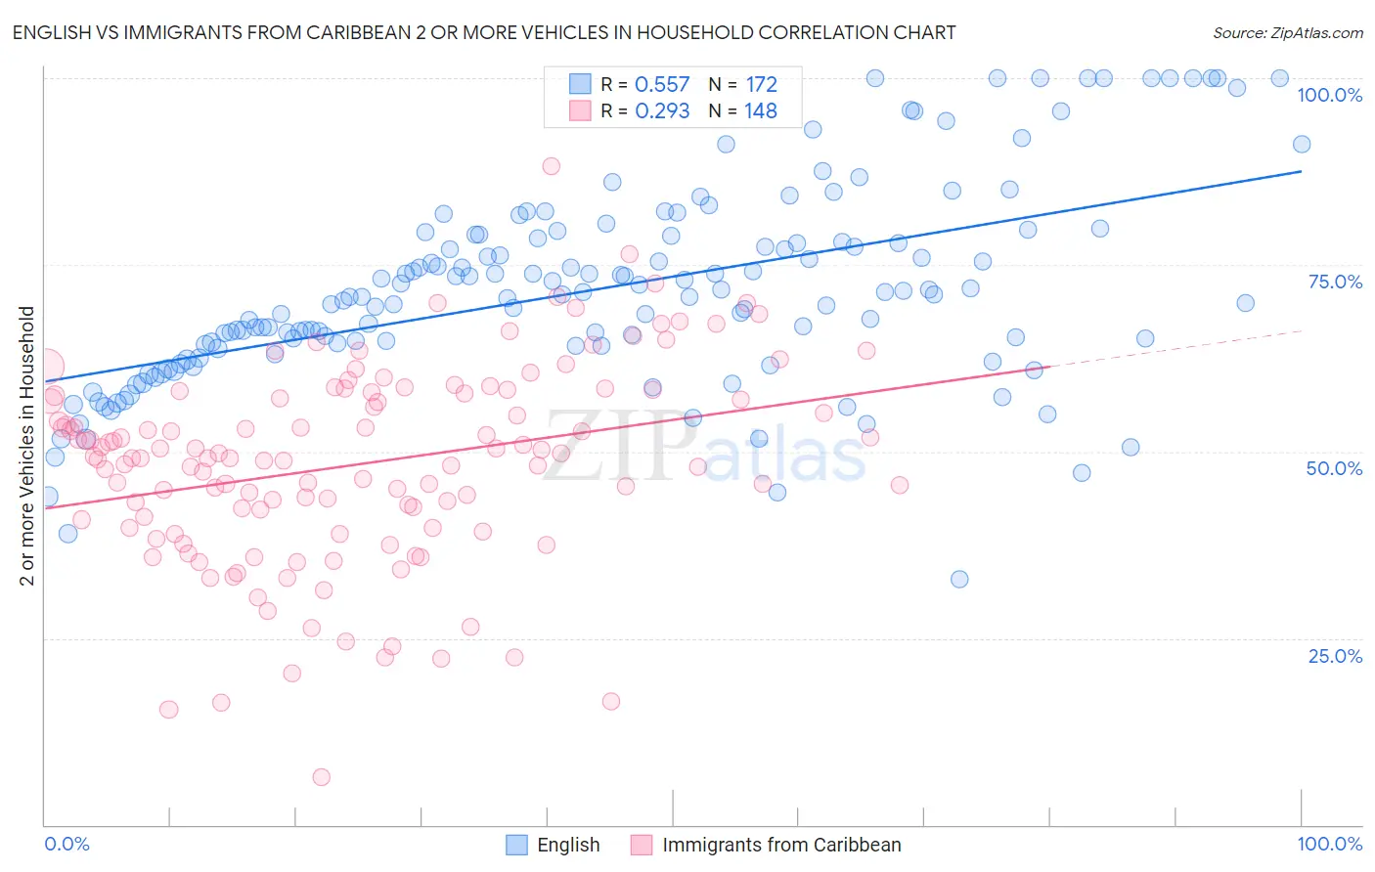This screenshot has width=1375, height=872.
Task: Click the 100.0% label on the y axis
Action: (x=1329, y=95)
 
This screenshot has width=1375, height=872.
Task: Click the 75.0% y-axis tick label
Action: (x=1335, y=282)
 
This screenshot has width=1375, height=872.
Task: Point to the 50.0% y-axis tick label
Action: (x=1334, y=468)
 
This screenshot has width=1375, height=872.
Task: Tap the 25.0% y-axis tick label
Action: (x=1335, y=655)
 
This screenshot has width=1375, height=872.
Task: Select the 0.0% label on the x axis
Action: (x=67, y=844)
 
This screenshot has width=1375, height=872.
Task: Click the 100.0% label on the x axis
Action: (x=1329, y=844)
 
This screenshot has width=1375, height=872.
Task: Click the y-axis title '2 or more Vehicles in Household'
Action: (x=27, y=446)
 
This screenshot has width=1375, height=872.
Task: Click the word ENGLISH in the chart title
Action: (x=48, y=32)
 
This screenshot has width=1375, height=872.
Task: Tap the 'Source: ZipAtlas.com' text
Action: (x=1287, y=32)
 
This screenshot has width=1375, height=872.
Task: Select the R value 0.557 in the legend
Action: (x=662, y=85)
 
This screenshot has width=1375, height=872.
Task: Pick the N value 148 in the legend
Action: (x=761, y=111)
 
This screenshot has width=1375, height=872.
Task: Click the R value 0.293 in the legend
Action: (x=662, y=111)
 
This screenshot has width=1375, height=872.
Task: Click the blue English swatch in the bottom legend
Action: (x=516, y=845)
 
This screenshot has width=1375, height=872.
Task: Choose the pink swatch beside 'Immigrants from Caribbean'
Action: (x=642, y=845)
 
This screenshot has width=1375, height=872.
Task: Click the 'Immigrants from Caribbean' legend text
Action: (x=781, y=845)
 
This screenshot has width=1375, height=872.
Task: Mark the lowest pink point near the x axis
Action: (x=321, y=777)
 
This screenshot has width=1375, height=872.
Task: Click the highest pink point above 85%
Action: (x=552, y=166)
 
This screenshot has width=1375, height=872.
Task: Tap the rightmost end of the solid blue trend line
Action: (x=1301, y=171)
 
